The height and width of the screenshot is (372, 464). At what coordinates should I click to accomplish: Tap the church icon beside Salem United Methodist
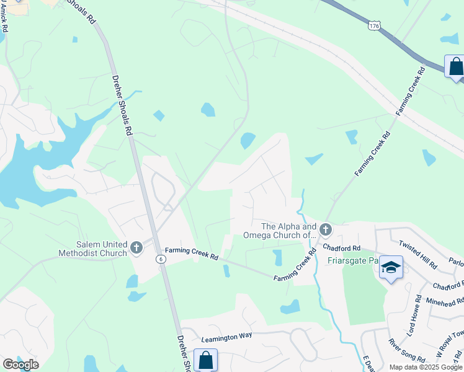click(x=136, y=248)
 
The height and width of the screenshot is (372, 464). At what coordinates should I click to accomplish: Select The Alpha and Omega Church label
click(x=288, y=231)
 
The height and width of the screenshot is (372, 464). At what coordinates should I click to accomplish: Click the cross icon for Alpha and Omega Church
click(x=326, y=231)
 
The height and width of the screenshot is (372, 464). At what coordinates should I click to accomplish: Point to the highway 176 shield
click(x=373, y=25)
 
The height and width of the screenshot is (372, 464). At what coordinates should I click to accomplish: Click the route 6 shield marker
click(x=161, y=258)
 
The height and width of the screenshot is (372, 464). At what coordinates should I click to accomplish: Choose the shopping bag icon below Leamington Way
click(x=205, y=360)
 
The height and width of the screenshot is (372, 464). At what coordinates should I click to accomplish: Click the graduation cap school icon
click(x=391, y=268)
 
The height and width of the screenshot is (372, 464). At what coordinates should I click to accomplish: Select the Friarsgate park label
click(x=352, y=261)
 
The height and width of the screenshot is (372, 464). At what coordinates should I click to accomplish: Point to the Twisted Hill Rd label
click(x=419, y=254)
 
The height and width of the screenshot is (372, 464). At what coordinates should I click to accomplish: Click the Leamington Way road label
click(x=227, y=336)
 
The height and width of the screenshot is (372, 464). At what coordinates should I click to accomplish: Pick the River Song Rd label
click(x=406, y=351)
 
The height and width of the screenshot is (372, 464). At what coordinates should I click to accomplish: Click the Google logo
click(x=20, y=365)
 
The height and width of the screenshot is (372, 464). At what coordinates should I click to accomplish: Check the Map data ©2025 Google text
click(x=426, y=367)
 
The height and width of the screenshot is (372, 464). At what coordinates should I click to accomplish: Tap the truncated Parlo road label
click(x=455, y=262)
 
